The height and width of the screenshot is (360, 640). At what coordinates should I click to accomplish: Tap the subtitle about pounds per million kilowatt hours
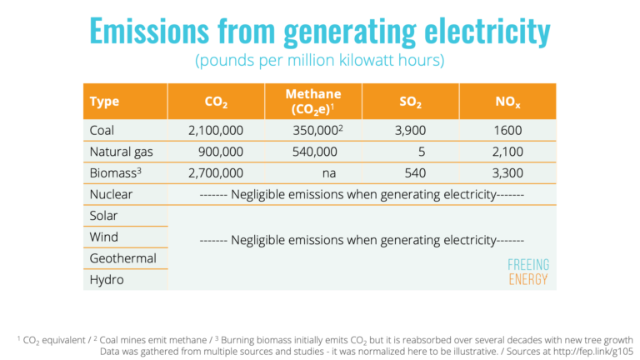tap(319, 61)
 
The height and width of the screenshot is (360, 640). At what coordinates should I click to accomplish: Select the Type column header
tap(104, 102)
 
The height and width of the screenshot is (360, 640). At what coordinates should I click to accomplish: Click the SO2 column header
tap(412, 102)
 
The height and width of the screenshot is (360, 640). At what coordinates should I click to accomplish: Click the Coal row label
tap(102, 130)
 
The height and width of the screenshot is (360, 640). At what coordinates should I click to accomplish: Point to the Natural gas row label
tap(122, 152)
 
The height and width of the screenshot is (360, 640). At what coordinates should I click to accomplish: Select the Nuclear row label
tap(111, 194)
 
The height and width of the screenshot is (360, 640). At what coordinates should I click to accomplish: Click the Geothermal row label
tap(122, 258)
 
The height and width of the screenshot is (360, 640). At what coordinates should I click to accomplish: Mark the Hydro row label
tap(107, 280)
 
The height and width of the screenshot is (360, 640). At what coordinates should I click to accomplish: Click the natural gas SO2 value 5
tap(422, 152)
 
